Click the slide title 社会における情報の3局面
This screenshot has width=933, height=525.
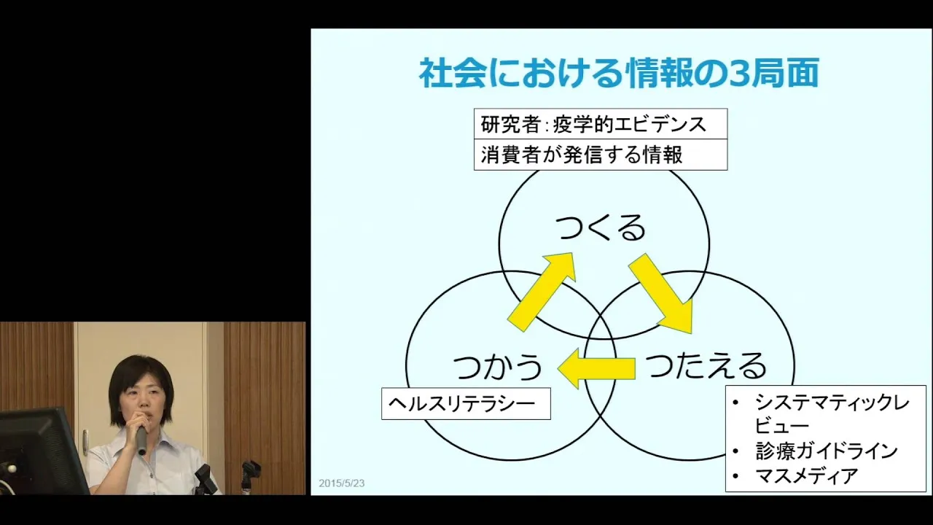pyautogui.click(x=620, y=74)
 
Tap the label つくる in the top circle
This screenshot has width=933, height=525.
pyautogui.click(x=601, y=228)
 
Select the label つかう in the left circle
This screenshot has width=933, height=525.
pyautogui.click(x=497, y=366)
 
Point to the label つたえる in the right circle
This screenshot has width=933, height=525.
pyautogui.click(x=706, y=365)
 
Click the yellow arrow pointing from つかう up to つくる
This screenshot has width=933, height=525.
pyautogui.click(x=542, y=291)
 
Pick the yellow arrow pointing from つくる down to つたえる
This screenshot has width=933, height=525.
pyautogui.click(x=661, y=293)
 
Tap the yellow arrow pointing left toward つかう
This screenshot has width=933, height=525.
pyautogui.click(x=596, y=368)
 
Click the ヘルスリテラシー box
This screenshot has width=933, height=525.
pyautogui.click(x=466, y=403)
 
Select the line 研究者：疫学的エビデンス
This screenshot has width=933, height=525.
pyautogui.click(x=593, y=124)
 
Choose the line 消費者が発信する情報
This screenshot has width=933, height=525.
pyautogui.click(x=582, y=155)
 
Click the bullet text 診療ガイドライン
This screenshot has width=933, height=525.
pyautogui.click(x=827, y=451)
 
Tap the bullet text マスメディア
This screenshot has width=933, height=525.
pyautogui.click(x=806, y=476)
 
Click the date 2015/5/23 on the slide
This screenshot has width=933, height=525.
pyautogui.click(x=342, y=483)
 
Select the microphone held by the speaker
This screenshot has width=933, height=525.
pyautogui.click(x=141, y=435)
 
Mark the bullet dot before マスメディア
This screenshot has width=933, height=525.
pyautogui.click(x=736, y=476)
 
